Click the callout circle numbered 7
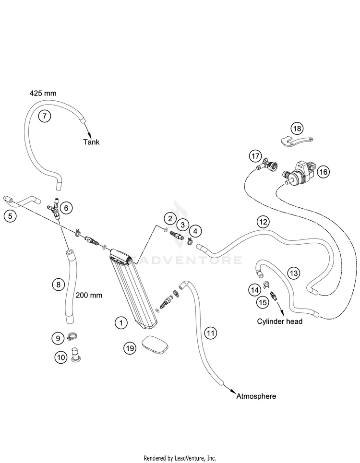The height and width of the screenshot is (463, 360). [x=44, y=116]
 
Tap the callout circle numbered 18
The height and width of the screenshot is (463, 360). [x=297, y=129]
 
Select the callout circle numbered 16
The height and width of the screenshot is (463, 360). [x=324, y=172]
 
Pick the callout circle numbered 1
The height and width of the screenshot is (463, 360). [x=121, y=323]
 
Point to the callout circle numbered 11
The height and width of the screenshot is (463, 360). [x=210, y=333]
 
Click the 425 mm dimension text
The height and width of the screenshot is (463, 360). [x=43, y=93]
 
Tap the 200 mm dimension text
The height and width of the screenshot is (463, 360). [x=89, y=295]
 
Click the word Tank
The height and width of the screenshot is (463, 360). [x=91, y=142]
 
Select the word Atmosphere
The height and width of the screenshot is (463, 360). [x=256, y=396]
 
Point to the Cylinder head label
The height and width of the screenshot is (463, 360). [x=280, y=321]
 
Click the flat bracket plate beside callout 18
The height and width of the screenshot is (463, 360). [x=296, y=141]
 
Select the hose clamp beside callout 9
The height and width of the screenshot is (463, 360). [x=72, y=336]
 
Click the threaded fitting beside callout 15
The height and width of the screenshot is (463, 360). [x=274, y=295]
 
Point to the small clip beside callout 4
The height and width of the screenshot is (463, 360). [x=189, y=241]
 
